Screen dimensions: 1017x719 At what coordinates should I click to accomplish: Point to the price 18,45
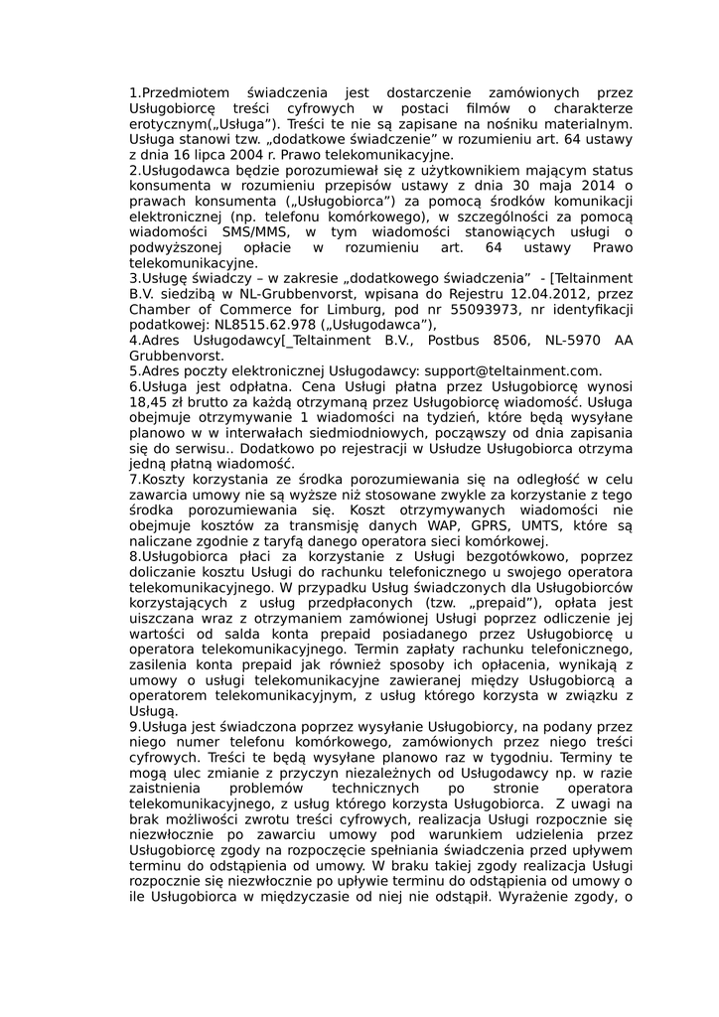tap(151, 402)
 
